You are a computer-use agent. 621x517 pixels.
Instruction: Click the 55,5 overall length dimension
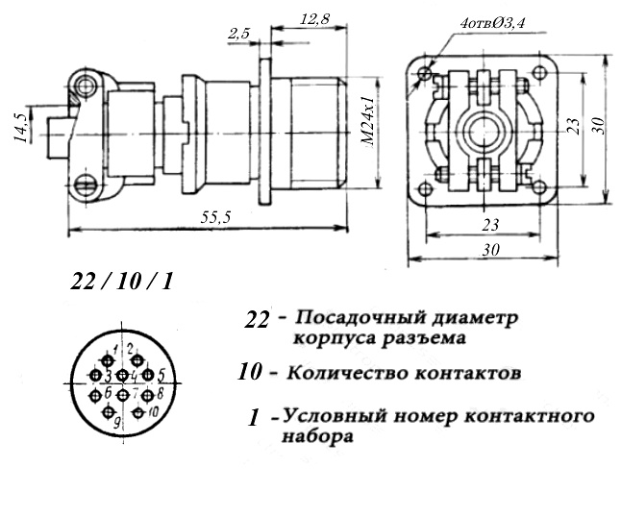pyautogui.click(x=215, y=217)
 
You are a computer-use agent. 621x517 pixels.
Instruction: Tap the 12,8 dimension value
pyautogui.click(x=314, y=19)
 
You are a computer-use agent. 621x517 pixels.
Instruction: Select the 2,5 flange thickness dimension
pyautogui.click(x=238, y=35)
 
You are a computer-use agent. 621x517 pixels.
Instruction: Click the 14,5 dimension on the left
pyautogui.click(x=20, y=128)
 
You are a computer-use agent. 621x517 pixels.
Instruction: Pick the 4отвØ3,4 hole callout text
pyautogui.click(x=492, y=23)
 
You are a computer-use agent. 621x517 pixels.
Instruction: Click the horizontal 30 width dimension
pyautogui.click(x=490, y=250)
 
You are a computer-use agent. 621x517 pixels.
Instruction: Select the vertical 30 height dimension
pyautogui.click(x=599, y=126)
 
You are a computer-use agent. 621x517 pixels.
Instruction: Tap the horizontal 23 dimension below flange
pyautogui.click(x=490, y=225)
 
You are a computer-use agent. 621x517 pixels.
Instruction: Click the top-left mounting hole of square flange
pyautogui.click(x=425, y=72)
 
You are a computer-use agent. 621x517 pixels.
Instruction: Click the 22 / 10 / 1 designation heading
pyautogui.click(x=121, y=283)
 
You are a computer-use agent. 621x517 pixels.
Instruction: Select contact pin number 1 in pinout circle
pyautogui.click(x=107, y=360)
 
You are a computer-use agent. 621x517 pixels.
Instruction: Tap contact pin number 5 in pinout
pyautogui.click(x=148, y=375)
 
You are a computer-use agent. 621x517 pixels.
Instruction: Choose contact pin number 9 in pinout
pyautogui.click(x=108, y=412)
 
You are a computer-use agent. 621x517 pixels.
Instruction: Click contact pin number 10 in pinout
pyautogui.click(x=138, y=412)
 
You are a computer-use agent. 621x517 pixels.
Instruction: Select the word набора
pyautogui.click(x=317, y=436)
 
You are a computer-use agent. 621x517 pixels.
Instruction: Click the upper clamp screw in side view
pyautogui.click(x=86, y=86)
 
